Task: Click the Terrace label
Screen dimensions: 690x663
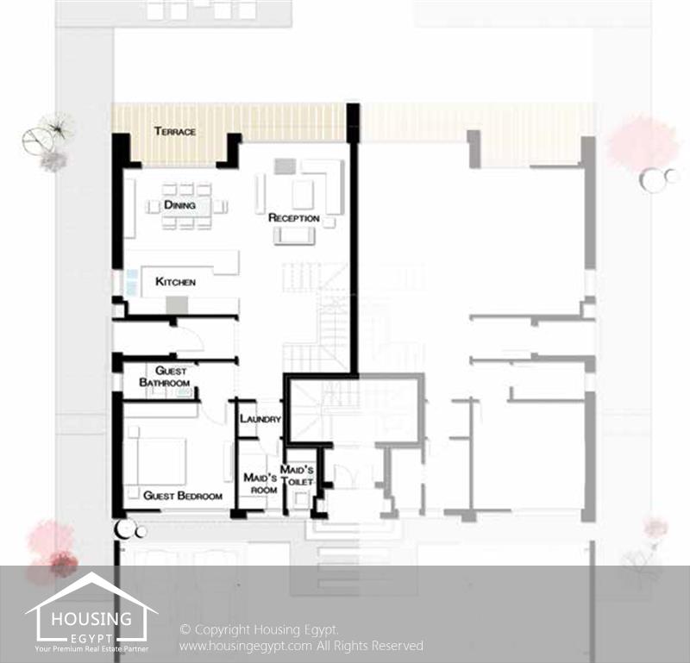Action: click(175, 131)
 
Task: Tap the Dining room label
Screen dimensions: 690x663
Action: click(179, 204)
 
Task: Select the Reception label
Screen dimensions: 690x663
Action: click(293, 218)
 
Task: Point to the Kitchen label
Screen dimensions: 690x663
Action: click(175, 282)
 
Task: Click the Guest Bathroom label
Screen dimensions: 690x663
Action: click(165, 377)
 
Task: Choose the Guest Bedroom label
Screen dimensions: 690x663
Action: click(183, 496)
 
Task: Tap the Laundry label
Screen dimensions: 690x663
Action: click(260, 419)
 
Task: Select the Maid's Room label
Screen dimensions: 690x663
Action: click(260, 484)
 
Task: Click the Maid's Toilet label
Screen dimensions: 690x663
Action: click(297, 475)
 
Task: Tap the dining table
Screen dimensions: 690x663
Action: click(186, 206)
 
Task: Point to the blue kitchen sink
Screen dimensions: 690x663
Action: click(132, 282)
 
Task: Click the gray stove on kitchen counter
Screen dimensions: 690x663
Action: click(177, 305)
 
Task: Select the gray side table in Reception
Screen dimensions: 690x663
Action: click(285, 166)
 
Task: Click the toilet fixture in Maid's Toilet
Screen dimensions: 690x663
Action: click(301, 499)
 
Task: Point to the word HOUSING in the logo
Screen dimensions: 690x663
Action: click(91, 619)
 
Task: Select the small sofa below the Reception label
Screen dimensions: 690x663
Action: click(294, 236)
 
